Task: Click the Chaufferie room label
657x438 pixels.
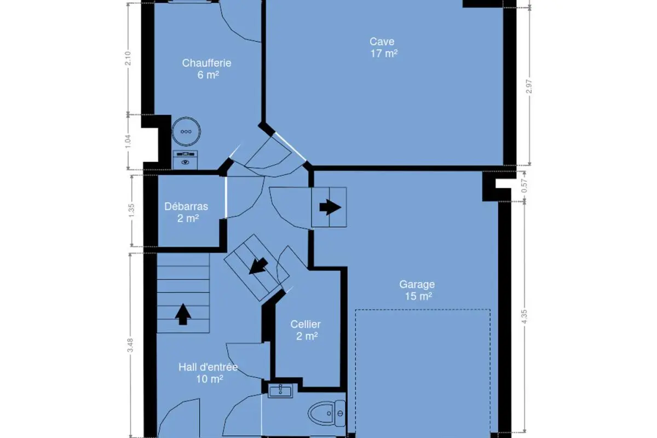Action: pyautogui.click(x=207, y=69)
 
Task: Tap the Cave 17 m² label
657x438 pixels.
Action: pyautogui.click(x=383, y=48)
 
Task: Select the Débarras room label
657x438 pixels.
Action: pyautogui.click(x=187, y=212)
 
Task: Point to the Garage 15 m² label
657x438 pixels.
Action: pyautogui.click(x=417, y=290)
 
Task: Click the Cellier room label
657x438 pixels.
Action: pyautogui.click(x=306, y=330)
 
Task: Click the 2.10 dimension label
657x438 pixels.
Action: pyautogui.click(x=128, y=59)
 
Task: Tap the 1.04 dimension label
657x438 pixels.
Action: pyautogui.click(x=129, y=142)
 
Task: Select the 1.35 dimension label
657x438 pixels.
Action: pyautogui.click(x=131, y=211)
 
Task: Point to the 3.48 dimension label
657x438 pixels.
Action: pyautogui.click(x=130, y=345)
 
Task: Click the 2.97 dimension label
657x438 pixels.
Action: pyautogui.click(x=529, y=87)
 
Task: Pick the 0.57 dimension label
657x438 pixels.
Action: pyautogui.click(x=524, y=186)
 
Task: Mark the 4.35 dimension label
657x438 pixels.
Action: pyautogui.click(x=525, y=316)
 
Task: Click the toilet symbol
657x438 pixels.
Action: pyautogui.click(x=326, y=414)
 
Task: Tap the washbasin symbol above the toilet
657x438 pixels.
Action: pyautogui.click(x=280, y=391)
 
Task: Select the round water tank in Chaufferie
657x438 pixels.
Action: pyautogui.click(x=186, y=131)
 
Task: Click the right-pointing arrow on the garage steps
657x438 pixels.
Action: pyautogui.click(x=330, y=207)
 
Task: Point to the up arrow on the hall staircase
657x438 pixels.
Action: pyautogui.click(x=183, y=314)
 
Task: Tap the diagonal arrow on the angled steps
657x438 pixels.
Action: pyautogui.click(x=258, y=266)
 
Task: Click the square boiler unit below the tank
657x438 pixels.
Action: pyautogui.click(x=185, y=160)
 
